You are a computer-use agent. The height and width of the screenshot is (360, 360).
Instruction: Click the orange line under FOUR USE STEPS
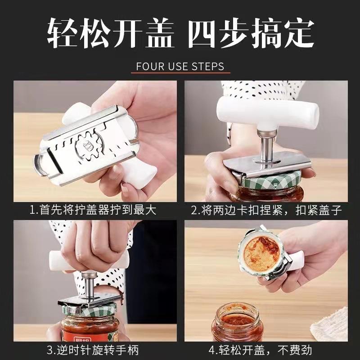(180, 72)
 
